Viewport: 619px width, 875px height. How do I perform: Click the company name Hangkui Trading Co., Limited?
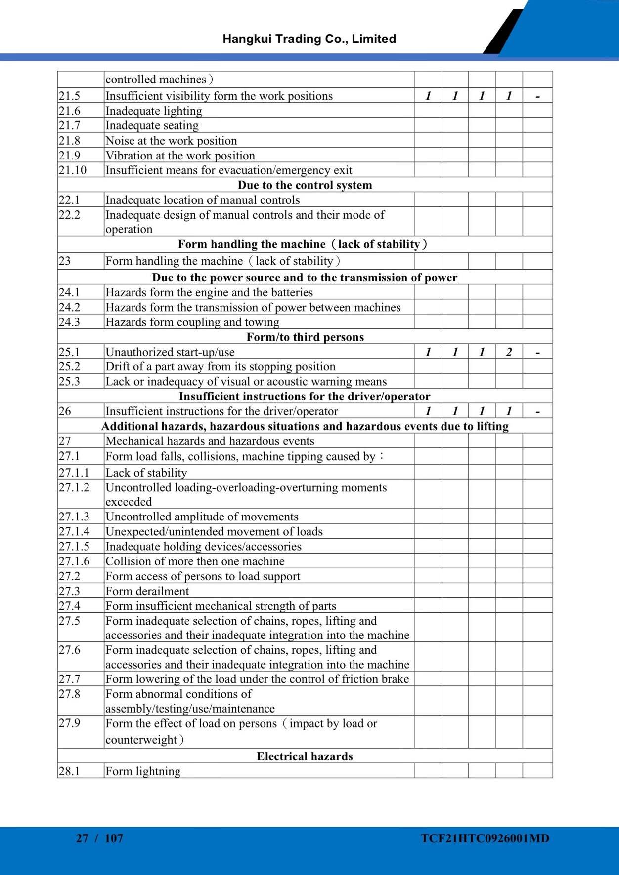[309, 39]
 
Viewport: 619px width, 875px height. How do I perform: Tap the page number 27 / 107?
[99, 838]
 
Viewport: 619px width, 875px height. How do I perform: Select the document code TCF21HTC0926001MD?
[485, 838]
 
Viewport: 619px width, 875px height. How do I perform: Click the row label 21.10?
[72, 170]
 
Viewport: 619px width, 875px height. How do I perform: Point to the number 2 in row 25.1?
[509, 352]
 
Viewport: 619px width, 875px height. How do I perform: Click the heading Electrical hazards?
[305, 756]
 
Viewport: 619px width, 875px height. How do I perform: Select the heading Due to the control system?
[305, 185]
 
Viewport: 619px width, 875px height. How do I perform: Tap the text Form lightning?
[143, 771]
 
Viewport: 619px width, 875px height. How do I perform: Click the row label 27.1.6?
[74, 561]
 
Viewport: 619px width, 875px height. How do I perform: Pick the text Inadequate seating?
[152, 125]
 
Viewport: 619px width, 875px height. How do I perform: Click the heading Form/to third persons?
[305, 337]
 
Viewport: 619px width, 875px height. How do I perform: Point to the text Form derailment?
[147, 591]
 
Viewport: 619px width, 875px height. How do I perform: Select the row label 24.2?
[69, 308]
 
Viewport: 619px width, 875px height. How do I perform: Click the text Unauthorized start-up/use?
[170, 352]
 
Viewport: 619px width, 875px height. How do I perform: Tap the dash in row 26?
[537, 412]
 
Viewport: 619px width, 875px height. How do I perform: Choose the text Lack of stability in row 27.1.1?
[146, 473]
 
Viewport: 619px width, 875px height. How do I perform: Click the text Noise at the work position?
[171, 141]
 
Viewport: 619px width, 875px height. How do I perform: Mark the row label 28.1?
[69, 771]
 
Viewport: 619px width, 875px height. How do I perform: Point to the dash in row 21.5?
[537, 97]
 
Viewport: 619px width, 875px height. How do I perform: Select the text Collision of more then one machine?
[195, 561]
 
